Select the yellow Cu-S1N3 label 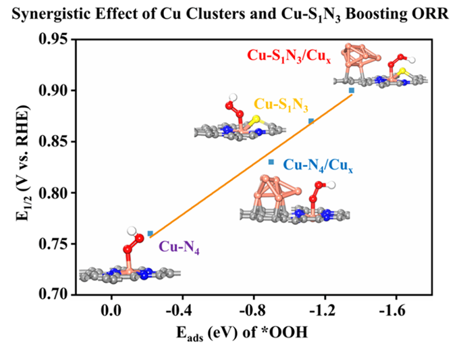point(281,105)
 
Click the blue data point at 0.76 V point(150,234)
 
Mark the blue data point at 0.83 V point(271,162)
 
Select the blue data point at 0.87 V point(310,122)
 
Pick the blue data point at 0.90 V point(352,91)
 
